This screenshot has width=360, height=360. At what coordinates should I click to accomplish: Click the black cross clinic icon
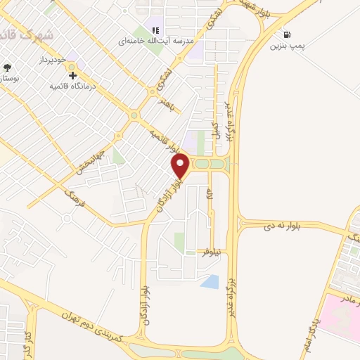(72, 75)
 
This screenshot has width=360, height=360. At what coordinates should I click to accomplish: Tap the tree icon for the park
(7, 67)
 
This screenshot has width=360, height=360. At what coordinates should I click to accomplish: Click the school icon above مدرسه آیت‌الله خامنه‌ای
(156, 30)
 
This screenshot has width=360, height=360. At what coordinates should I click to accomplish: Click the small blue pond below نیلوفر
(209, 282)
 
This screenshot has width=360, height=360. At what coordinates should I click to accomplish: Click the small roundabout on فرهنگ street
(65, 217)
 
